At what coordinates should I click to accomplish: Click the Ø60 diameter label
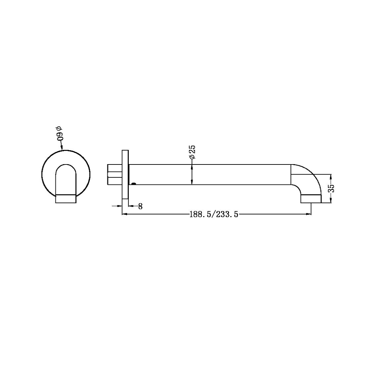[x=60, y=134]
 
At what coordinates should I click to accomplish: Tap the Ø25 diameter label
[x=192, y=152]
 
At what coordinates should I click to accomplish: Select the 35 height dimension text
[x=331, y=189]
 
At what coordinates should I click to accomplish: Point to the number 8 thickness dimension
[x=140, y=206]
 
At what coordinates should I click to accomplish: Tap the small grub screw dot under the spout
[x=133, y=183]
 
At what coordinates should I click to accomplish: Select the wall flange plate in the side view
[x=125, y=178]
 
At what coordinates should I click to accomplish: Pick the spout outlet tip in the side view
[x=311, y=199]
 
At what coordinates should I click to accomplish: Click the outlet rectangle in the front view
[x=66, y=199]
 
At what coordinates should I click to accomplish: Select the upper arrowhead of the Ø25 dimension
[x=192, y=167]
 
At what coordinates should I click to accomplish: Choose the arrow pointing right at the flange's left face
[x=119, y=206]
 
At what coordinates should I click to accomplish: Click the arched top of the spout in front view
[x=66, y=167]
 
